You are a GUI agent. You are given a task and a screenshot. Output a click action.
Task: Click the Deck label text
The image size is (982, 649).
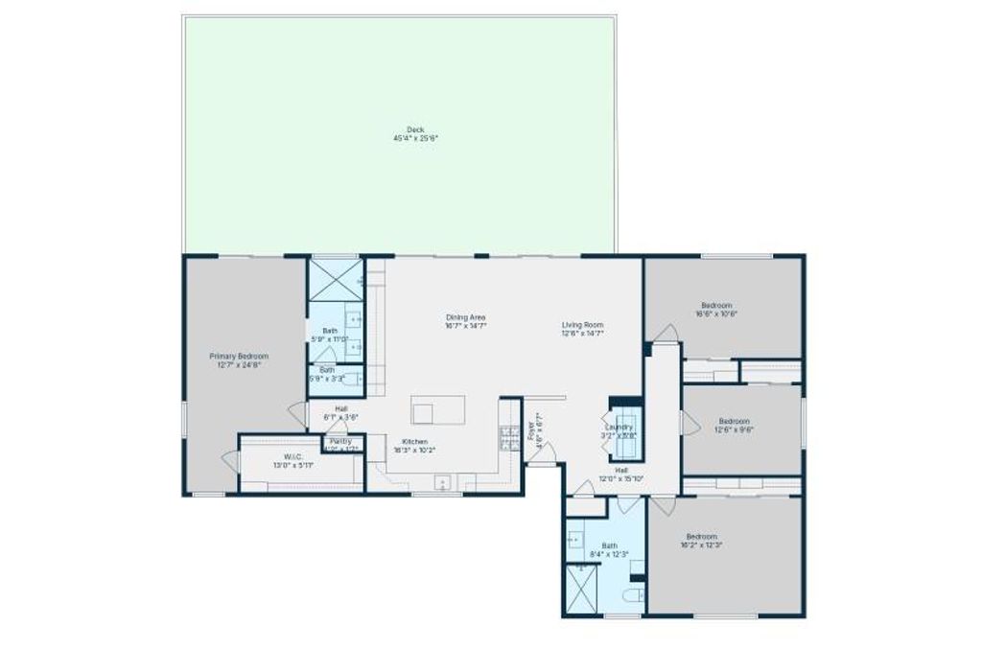pyautogui.click(x=415, y=129)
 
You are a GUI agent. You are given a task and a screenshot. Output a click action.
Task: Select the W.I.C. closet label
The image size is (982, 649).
pyautogui.click(x=292, y=456)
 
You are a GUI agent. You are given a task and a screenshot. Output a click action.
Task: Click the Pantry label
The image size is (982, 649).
pyautogui.click(x=340, y=441)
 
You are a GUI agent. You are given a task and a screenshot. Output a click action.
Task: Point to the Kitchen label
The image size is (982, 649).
pyautogui.click(x=415, y=442)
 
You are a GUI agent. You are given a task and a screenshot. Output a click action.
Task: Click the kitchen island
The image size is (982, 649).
pyautogui.click(x=438, y=409)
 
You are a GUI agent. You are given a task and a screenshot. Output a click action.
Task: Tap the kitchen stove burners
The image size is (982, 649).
pyautogui.click(x=507, y=437)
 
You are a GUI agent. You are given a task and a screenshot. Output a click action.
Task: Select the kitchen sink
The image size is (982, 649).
pyautogui.click(x=444, y=482)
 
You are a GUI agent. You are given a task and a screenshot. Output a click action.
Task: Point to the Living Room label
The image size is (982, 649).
pyautogui.click(x=582, y=325)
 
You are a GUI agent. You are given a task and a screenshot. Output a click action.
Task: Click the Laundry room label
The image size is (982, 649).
pyautogui.click(x=619, y=427)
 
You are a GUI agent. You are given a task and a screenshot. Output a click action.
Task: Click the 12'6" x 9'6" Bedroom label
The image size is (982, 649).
pyautogui.click(x=734, y=421)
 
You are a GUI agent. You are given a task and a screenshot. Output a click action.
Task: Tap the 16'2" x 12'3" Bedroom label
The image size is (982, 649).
pyautogui.click(x=701, y=537)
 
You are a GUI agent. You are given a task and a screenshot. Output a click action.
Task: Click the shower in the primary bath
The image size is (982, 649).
pyautogui.click(x=335, y=280)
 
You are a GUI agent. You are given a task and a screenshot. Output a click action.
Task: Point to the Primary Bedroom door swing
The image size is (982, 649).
pyautogui.click(x=298, y=414)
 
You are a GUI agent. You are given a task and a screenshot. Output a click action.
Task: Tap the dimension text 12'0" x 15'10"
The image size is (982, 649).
pyautogui.click(x=620, y=478)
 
